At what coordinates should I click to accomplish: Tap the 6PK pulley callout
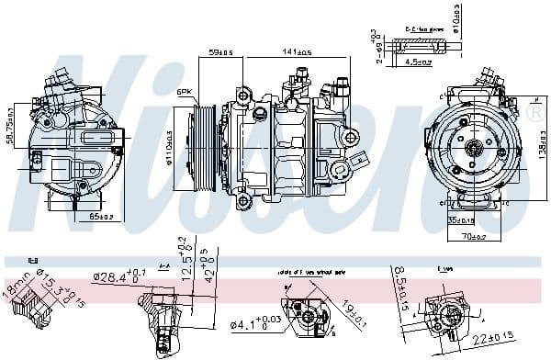point(184,93)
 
